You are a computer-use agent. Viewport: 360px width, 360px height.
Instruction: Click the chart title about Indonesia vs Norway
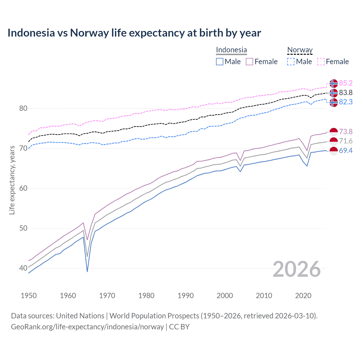[x=134, y=33]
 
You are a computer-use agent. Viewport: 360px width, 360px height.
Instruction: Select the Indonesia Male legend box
[x=220, y=62]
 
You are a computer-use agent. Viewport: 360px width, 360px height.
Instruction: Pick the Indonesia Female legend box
[x=249, y=62]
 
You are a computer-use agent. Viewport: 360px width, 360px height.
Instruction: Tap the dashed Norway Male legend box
[x=291, y=62]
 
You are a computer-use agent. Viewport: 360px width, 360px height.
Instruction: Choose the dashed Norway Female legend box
[x=321, y=62]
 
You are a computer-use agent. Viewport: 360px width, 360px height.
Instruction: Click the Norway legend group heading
[x=300, y=50]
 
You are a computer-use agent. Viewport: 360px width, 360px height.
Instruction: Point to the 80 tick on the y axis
[x=23, y=108]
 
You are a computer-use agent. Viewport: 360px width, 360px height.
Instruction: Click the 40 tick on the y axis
[x=23, y=268]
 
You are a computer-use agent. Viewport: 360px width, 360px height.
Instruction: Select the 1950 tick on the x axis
[x=29, y=296]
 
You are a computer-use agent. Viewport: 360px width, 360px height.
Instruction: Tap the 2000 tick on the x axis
[x=225, y=296]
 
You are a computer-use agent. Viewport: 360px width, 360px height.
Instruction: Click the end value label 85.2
[x=346, y=83]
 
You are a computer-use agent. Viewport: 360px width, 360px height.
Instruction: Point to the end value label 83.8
[x=346, y=93]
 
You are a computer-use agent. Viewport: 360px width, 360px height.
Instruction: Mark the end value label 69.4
[x=346, y=151]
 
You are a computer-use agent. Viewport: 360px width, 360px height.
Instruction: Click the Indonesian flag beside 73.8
[x=333, y=132]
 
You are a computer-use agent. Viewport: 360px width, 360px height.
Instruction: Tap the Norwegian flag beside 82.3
[x=333, y=102]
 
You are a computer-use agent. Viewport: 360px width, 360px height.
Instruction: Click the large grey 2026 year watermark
[x=297, y=269]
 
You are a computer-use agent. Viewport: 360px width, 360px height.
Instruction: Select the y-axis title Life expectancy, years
[x=12, y=180]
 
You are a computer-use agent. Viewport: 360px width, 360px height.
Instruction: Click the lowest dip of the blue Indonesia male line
[x=87, y=271]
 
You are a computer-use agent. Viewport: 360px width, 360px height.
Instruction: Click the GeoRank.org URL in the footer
[x=87, y=327]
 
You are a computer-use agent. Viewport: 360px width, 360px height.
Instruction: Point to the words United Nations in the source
[x=80, y=316]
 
